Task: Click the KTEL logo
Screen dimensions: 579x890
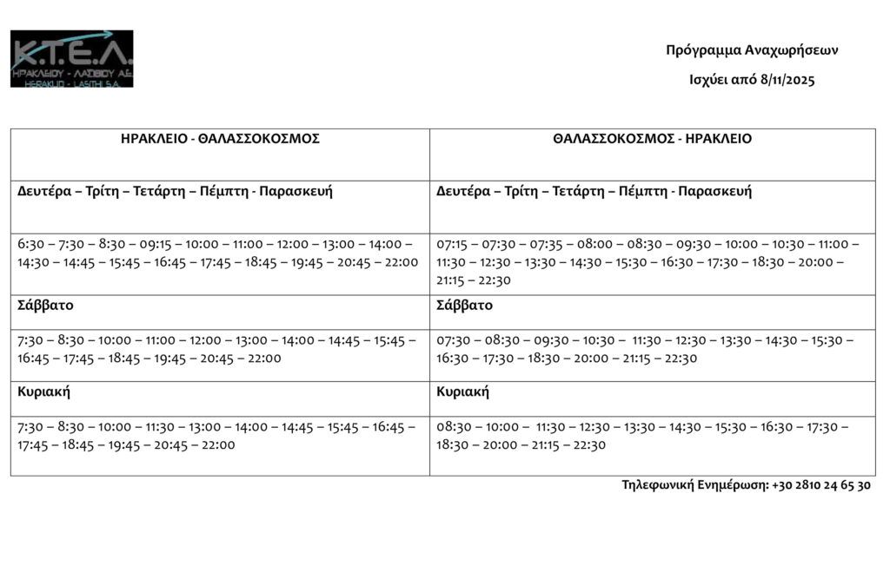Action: click(x=71, y=58)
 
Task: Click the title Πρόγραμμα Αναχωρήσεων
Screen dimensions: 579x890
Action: click(x=752, y=50)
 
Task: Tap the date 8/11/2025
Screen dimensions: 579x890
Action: click(x=787, y=80)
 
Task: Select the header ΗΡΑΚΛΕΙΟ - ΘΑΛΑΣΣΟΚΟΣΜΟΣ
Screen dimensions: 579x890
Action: click(x=220, y=139)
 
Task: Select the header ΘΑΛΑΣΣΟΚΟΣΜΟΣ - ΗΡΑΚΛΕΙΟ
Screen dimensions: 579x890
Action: click(x=652, y=139)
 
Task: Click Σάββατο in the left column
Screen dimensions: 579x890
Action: click(x=45, y=306)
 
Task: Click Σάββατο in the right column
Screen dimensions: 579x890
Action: click(x=464, y=306)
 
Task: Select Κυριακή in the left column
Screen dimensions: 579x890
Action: click(x=43, y=391)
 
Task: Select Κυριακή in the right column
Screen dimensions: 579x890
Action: click(x=462, y=391)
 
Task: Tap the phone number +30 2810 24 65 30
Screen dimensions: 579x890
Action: click(x=820, y=485)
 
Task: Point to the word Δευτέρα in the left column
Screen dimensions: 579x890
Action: click(x=45, y=192)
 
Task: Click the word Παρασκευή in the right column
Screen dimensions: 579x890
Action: click(x=714, y=192)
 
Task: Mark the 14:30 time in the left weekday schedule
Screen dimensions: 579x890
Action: click(x=32, y=262)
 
